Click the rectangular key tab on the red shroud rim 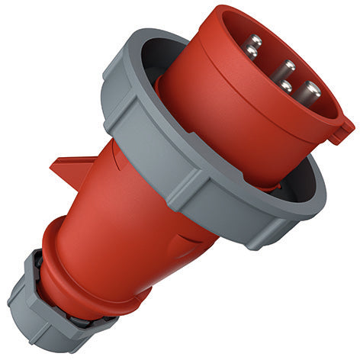tap(340, 129)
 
